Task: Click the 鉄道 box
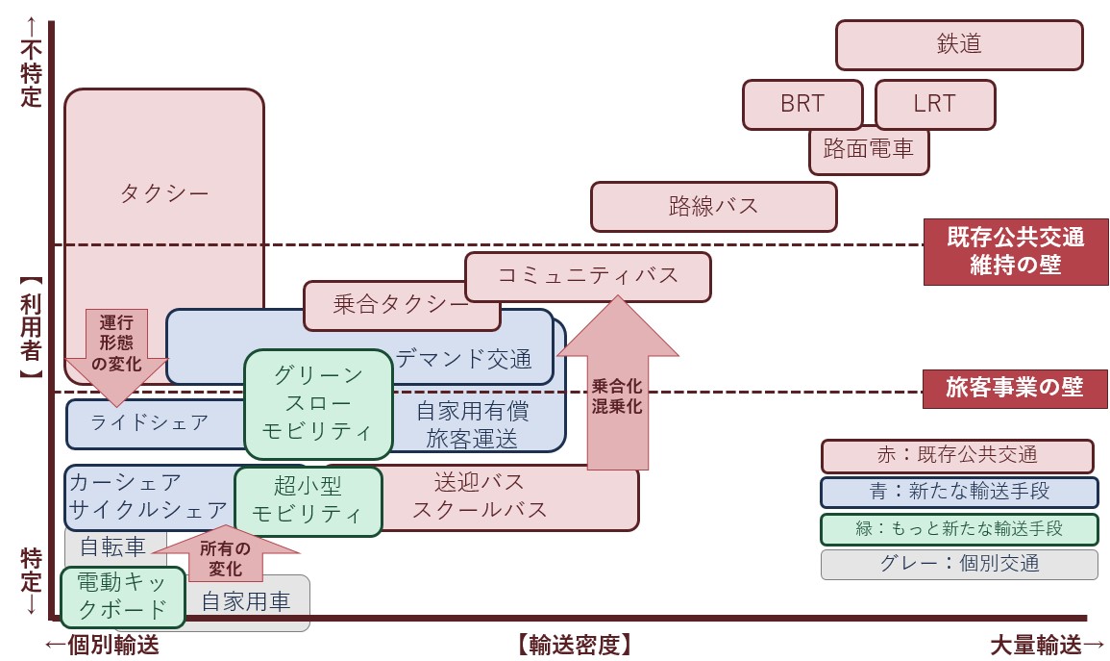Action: [x=958, y=45]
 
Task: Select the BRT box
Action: [x=802, y=104]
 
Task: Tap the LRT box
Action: [x=934, y=104]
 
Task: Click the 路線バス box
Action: [x=713, y=206]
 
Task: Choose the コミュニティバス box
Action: [x=587, y=276]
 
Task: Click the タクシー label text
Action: [x=164, y=193]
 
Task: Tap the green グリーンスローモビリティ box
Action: [x=318, y=403]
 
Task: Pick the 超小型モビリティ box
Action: [x=308, y=500]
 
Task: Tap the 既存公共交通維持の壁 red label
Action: [x=1015, y=252]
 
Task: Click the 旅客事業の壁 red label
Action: [x=1015, y=388]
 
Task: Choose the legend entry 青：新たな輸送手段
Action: [x=958, y=492]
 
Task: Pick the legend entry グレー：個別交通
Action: [x=958, y=564]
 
